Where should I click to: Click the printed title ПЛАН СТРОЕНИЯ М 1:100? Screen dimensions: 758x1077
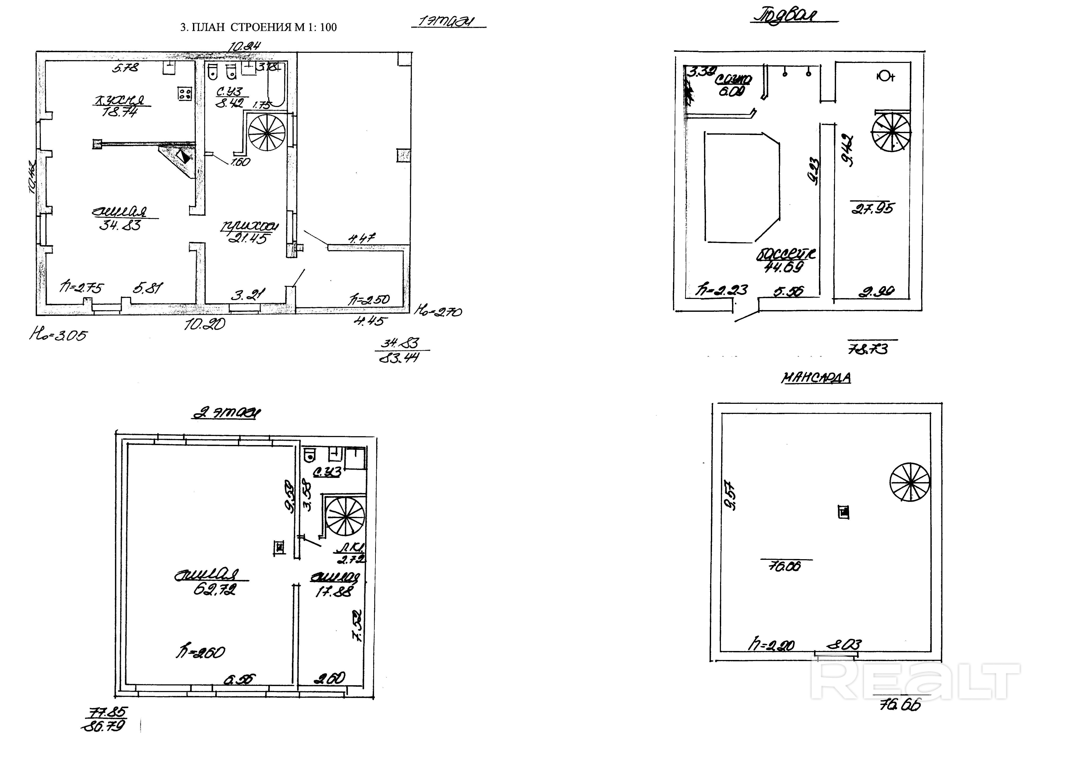point(258,27)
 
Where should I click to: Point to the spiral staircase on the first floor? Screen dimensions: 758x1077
point(266,133)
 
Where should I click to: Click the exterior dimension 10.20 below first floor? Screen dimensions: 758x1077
point(205,324)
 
